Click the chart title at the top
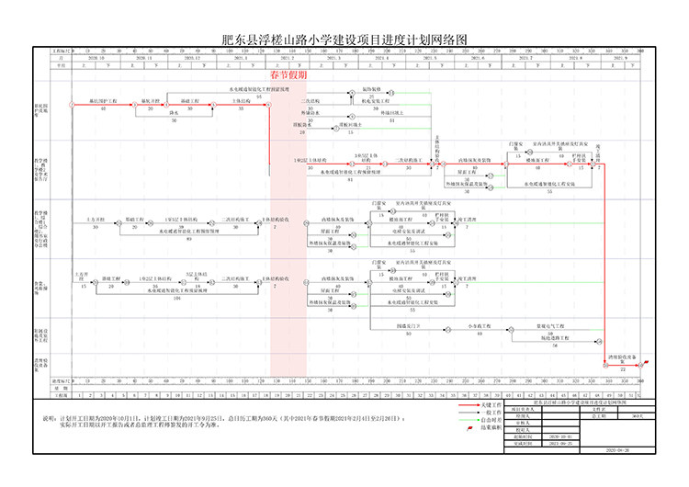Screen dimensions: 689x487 [344, 40]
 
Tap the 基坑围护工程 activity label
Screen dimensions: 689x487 [102, 100]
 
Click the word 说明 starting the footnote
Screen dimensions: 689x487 [50, 418]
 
